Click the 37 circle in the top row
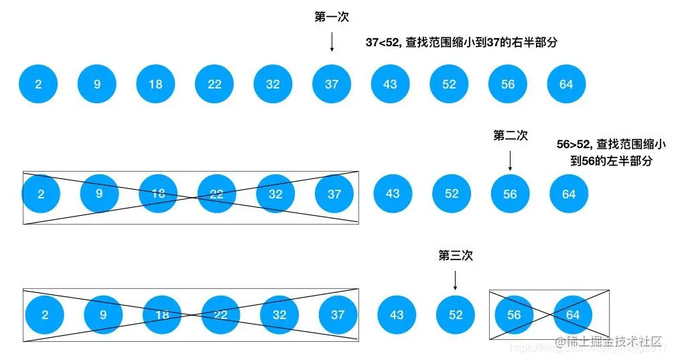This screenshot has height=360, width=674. click(x=332, y=84)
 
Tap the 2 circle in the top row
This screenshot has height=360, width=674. click(x=38, y=84)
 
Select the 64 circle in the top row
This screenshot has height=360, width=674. click(x=566, y=84)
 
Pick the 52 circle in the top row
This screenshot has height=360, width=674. click(x=449, y=84)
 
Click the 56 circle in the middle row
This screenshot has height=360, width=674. click(x=510, y=194)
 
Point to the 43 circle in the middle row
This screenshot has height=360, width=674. click(x=393, y=194)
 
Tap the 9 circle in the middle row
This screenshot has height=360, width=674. click(x=99, y=194)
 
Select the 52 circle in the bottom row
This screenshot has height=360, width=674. click(x=456, y=314)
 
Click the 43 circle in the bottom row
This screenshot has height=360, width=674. click(x=397, y=314)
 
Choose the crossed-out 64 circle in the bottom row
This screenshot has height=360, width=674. click(x=573, y=314)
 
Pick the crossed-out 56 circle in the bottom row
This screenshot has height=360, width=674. click(x=514, y=314)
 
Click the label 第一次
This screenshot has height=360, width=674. click(x=332, y=17)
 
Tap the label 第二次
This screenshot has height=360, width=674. click(x=511, y=135)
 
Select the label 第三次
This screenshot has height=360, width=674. click(x=456, y=255)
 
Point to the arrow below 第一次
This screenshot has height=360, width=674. click(x=332, y=42)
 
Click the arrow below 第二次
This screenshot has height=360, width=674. click(x=511, y=160)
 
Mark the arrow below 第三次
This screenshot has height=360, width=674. click(x=456, y=280)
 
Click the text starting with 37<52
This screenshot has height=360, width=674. click(x=462, y=42)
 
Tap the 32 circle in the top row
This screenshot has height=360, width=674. click(x=273, y=84)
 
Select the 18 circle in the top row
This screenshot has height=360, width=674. click(x=155, y=84)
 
